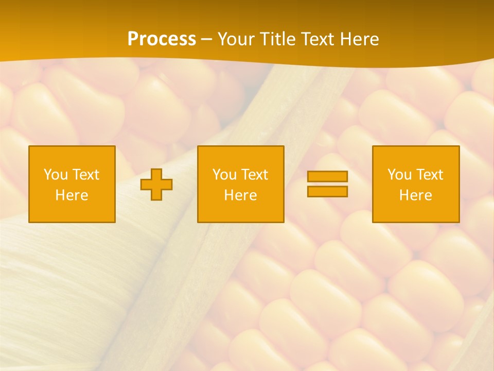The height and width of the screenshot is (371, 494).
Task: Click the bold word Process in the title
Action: point(162,39)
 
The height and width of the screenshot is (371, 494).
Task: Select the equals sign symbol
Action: point(327,184)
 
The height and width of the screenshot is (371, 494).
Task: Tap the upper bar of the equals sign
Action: point(327,177)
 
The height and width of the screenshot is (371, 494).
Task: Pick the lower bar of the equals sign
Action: point(327,191)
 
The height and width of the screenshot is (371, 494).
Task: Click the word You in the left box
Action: point(56,175)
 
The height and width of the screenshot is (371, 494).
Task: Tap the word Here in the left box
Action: point(72,195)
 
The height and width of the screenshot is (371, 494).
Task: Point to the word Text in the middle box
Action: point(254,175)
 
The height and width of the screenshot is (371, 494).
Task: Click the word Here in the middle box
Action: point(240,195)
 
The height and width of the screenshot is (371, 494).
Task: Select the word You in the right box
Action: point(399,175)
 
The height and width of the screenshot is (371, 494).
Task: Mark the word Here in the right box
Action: point(416,195)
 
